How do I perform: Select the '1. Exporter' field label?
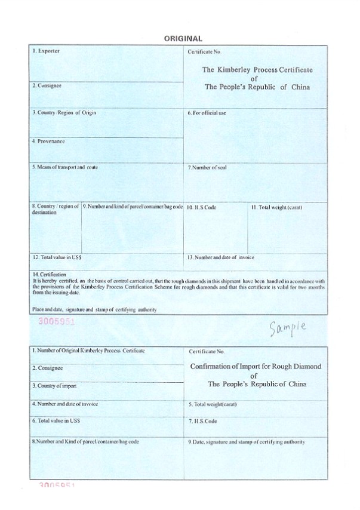pyautogui.click(x=45, y=51)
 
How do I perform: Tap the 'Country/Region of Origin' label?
pyautogui.click(x=64, y=112)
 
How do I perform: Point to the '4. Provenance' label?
pyautogui.click(x=48, y=142)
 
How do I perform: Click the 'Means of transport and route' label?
pyautogui.click(x=65, y=167)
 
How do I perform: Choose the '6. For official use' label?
pyautogui.click(x=207, y=113)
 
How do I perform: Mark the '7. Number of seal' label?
pyautogui.click(x=207, y=168)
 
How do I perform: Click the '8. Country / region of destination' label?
pyautogui.click(x=55, y=208)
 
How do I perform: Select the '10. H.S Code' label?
pyautogui.click(x=202, y=208)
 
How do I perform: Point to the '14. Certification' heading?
pyautogui.click(x=50, y=274)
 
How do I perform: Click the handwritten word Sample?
pyautogui.click(x=287, y=327)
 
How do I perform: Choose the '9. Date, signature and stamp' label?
pyautogui.click(x=246, y=442)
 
